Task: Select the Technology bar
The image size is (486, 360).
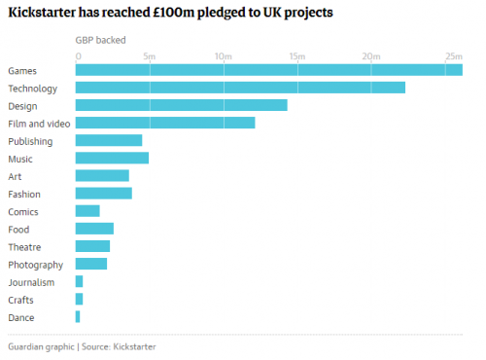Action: [x=240, y=88]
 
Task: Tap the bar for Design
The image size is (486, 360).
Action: [x=181, y=105]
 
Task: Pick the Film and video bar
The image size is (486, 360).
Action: [x=165, y=123]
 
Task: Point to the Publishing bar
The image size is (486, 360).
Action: [x=109, y=140]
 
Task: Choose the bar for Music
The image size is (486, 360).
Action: [x=112, y=158]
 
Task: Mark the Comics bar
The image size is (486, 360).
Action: [x=87, y=211]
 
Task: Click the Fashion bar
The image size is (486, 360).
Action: [x=104, y=194]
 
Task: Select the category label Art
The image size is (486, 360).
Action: [x=14, y=176]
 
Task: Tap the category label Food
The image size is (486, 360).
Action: [x=19, y=229]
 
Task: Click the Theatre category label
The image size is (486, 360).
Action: [x=24, y=247]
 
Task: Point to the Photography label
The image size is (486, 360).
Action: [x=35, y=265]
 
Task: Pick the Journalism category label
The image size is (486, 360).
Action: [x=31, y=282]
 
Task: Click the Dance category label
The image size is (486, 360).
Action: [x=21, y=317]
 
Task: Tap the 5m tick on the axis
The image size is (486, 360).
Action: [x=150, y=55]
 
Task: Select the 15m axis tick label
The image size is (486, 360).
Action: [x=296, y=55]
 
